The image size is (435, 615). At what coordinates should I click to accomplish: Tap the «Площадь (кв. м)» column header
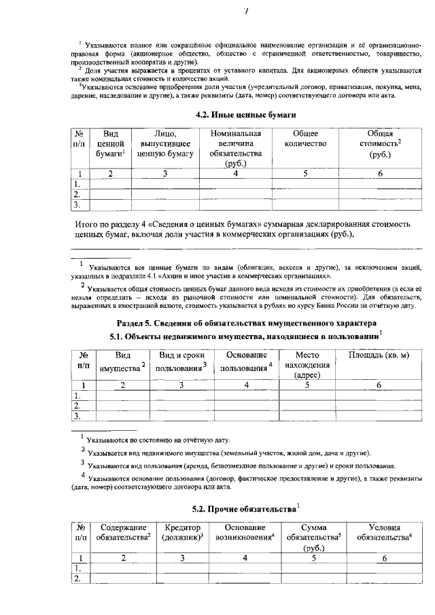379,355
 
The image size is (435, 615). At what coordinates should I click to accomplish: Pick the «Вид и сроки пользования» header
183,361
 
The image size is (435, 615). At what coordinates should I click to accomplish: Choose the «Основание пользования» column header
246,361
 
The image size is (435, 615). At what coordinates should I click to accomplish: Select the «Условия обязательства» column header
384,533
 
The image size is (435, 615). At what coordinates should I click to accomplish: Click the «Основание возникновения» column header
245,533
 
